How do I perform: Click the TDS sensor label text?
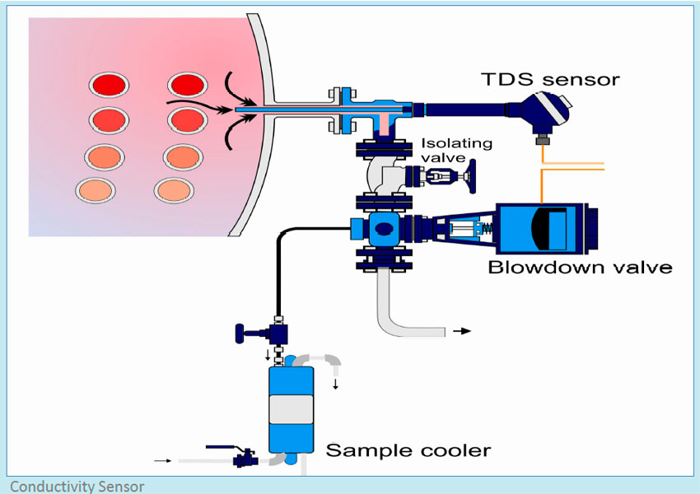(x=550, y=79)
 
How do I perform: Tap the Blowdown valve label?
(x=580, y=268)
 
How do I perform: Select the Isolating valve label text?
(x=456, y=150)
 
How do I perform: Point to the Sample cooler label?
(x=408, y=450)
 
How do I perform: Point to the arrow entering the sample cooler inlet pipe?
(x=164, y=460)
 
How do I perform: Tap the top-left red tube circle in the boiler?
(x=109, y=85)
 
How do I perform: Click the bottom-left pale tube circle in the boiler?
(x=96, y=190)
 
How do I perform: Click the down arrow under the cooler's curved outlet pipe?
(x=335, y=384)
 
